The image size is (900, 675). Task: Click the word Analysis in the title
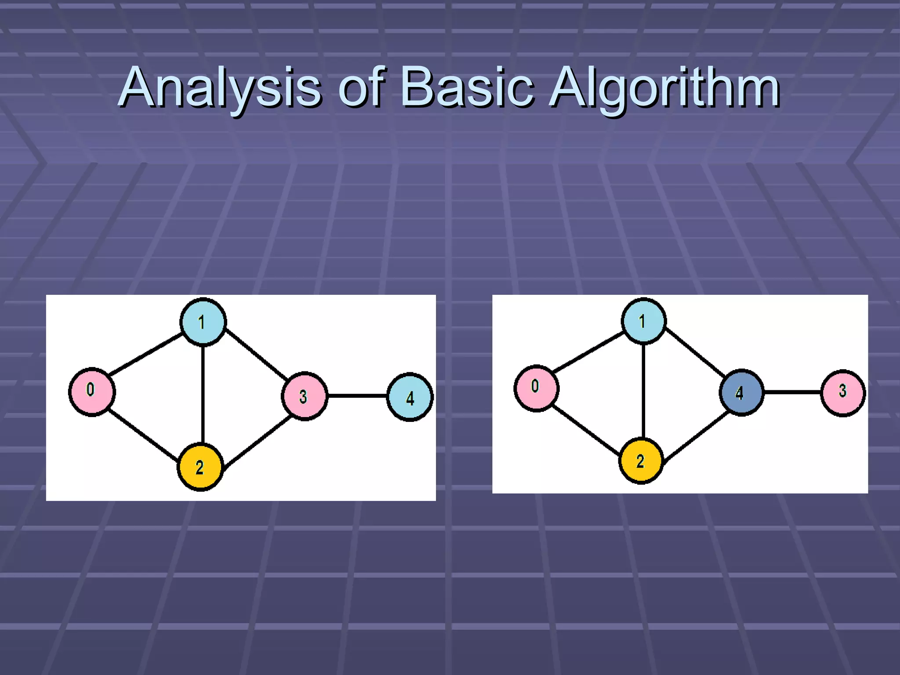pyautogui.click(x=220, y=88)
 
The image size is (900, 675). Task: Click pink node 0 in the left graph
pyautogui.click(x=92, y=391)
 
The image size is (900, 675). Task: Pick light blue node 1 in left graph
pyautogui.click(x=203, y=322)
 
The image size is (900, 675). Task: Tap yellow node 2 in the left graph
pyautogui.click(x=200, y=467)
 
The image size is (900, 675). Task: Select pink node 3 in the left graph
pyautogui.click(x=305, y=396)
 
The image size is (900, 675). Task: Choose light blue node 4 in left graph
pyautogui.click(x=410, y=397)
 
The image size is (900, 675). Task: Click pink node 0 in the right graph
pyautogui.click(x=536, y=388)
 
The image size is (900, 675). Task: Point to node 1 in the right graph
pyautogui.click(x=644, y=321)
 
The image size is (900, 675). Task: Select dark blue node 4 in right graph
pyautogui.click(x=741, y=392)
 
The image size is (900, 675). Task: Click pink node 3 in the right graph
pyautogui.click(x=843, y=392)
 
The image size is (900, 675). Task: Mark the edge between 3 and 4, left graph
pyautogui.click(x=357, y=396)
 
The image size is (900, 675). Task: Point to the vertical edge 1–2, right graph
pyautogui.click(x=643, y=391)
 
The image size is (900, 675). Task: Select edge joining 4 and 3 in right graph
pyautogui.click(x=792, y=392)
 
